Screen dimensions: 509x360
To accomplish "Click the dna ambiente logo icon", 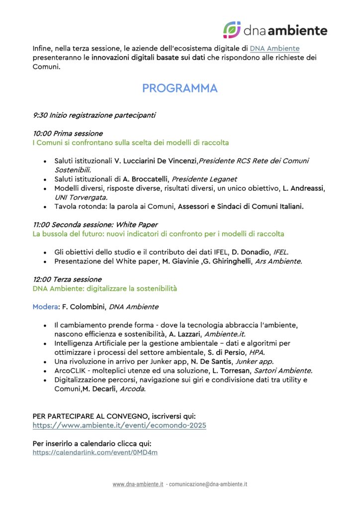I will [x=232, y=30].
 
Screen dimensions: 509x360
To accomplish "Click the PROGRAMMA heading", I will [x=180, y=88].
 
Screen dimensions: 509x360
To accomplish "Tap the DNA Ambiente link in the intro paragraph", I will [x=274, y=48].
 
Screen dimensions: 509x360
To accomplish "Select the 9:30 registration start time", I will [x=40, y=115].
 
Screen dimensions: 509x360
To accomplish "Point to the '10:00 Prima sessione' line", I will [x=68, y=133].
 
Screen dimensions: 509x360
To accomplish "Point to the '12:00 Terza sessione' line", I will [x=67, y=279].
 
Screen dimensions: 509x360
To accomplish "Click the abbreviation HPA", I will [x=256, y=352].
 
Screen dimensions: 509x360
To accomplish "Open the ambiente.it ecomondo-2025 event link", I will [x=119, y=425].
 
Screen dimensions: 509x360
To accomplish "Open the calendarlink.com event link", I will [x=95, y=452].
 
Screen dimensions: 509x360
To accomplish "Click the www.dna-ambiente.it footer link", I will [x=138, y=484].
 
